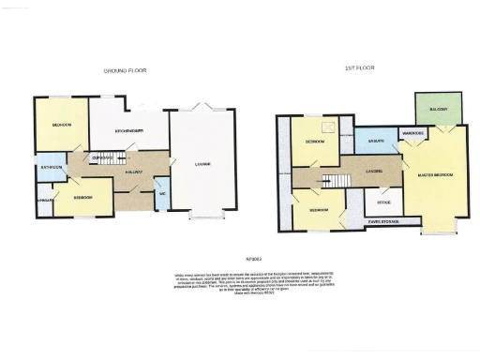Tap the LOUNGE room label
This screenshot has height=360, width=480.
202,165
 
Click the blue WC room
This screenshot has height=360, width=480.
161,194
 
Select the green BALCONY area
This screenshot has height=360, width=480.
438,110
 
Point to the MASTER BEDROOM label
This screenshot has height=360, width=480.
438,175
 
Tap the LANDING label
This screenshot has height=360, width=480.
371,172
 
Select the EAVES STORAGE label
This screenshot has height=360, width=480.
383,221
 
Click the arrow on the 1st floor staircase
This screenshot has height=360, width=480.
329,180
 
